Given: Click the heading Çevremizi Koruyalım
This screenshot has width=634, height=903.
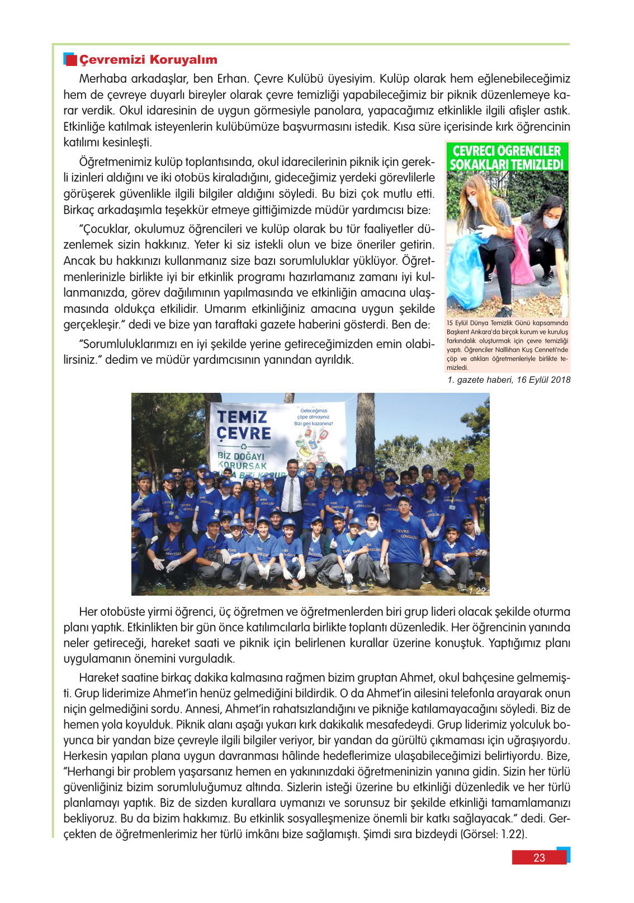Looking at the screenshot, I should tap(148, 60).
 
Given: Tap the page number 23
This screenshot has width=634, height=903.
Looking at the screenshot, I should tap(539, 858).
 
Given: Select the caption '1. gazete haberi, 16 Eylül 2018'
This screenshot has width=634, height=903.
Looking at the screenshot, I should tap(509, 380).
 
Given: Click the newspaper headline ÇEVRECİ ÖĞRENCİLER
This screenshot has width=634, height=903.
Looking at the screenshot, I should tap(507, 151).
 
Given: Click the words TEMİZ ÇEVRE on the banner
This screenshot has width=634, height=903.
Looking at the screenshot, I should tap(244, 425).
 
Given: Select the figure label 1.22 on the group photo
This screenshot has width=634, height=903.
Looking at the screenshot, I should tap(477, 591).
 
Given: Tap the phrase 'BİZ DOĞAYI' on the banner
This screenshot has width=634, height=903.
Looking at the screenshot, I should tap(241, 456).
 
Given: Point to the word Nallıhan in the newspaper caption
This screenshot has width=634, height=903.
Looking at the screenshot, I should tap(507, 350).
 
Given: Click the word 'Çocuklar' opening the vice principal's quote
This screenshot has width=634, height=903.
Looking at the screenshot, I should tap(106, 229).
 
